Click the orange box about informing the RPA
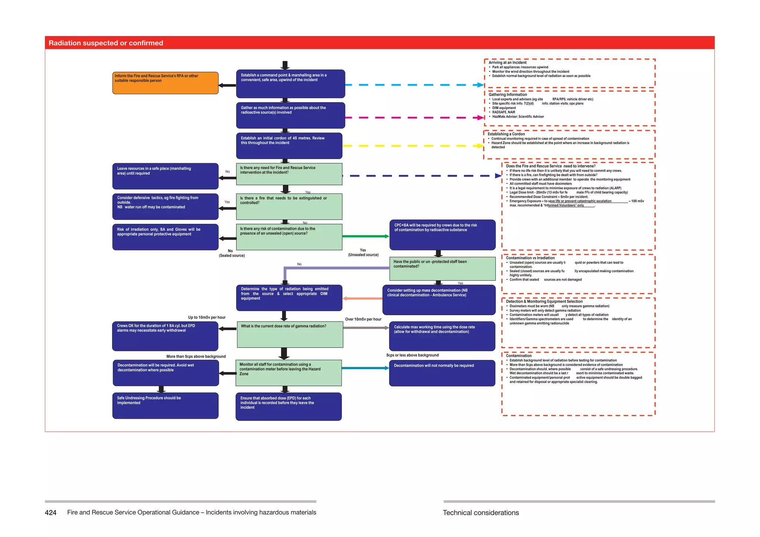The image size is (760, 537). pos(165,83)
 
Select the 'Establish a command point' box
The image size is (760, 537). pos(291,83)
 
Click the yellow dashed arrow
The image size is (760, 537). pos(412,146)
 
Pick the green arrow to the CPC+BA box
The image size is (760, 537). pos(366,236)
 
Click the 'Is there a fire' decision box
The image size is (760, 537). pos(289,207)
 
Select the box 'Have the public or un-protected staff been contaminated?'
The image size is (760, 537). pos(442,268)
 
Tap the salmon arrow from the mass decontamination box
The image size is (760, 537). pos(362,298)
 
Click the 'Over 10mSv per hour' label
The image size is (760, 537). pos(363,319)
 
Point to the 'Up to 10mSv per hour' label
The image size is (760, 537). pos(207,317)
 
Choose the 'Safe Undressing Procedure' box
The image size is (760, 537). pos(165,405)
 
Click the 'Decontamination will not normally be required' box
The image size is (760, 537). pos(442,373)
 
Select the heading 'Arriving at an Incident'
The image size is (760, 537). pos(507,63)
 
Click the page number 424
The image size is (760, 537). pos(50,513)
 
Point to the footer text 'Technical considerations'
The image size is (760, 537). pos(481,513)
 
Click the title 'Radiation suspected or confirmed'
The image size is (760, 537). pos(106,43)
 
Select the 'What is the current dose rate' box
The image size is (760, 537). pos(290,334)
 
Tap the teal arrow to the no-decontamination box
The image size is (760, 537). pos(365,368)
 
